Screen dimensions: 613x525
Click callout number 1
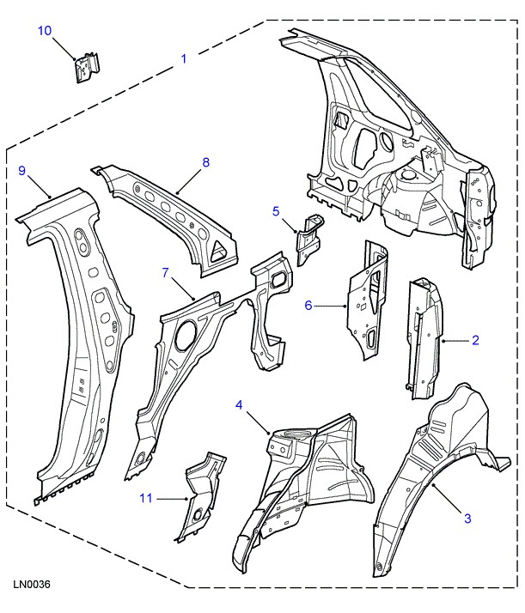183,59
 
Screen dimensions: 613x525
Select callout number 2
474,340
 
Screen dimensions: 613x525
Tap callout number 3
467,518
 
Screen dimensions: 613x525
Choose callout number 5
276,210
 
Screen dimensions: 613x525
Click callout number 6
309,304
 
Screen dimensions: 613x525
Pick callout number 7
166,273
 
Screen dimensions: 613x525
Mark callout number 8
205,162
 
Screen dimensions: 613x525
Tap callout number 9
23,171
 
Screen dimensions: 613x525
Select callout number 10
46,31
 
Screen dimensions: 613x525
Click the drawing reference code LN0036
32,585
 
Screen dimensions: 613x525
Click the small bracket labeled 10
84,68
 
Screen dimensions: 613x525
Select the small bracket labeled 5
308,234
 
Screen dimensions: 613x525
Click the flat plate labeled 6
364,300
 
